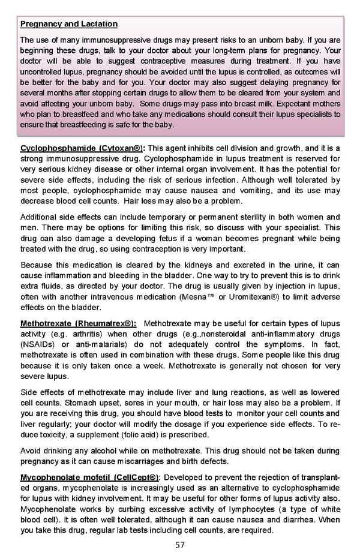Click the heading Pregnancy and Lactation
coord(68,24)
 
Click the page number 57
coord(180,545)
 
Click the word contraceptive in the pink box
coord(140,62)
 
